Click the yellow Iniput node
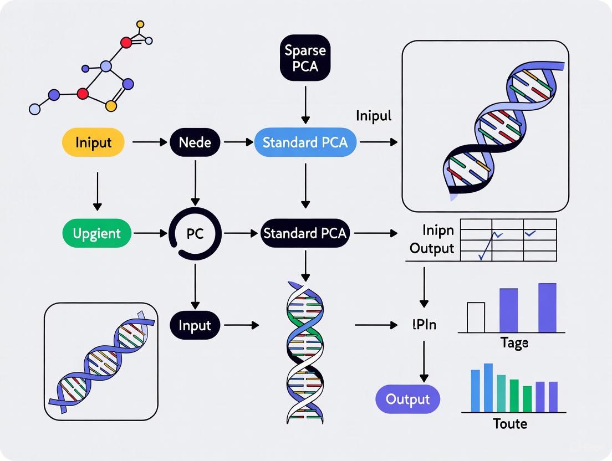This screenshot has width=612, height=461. pos(93,142)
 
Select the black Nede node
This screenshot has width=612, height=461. pos(195,142)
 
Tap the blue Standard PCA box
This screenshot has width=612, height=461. pos(305,142)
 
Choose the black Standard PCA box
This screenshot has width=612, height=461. pos(305,233)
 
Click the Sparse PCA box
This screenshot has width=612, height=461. pos(305,58)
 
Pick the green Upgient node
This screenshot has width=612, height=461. pos(97,233)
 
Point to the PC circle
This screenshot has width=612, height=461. pos(195,233)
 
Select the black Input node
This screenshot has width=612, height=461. pos(195,325)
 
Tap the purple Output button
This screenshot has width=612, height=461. pos(408,399)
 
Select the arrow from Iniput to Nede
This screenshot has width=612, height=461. pos(150,142)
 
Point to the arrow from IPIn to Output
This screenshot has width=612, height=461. pos(424,360)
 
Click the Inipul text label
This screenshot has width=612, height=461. pos(373,116)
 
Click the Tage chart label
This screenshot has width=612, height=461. pos(514,343)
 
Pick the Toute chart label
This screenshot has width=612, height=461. pos(510,424)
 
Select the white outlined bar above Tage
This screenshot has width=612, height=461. pos(476,317)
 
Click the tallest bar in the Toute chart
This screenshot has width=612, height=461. pos(488,387)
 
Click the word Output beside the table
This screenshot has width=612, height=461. pos(432,248)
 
